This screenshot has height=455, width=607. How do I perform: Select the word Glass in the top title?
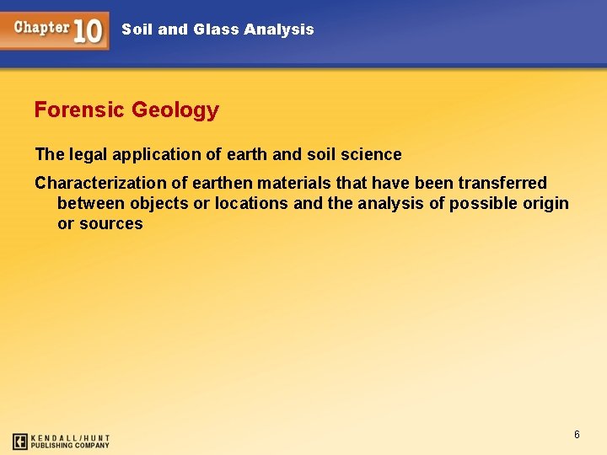(216, 29)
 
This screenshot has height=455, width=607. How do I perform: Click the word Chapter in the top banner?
(40, 27)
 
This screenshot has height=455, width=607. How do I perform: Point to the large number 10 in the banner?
(88, 31)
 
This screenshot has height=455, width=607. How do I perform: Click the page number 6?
(577, 435)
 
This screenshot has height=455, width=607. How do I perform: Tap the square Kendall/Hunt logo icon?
(20, 441)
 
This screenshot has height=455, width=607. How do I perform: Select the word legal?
(89, 155)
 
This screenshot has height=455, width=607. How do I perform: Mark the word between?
(91, 203)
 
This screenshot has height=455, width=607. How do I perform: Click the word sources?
(111, 223)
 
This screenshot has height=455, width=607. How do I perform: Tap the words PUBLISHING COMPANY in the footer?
(71, 445)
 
